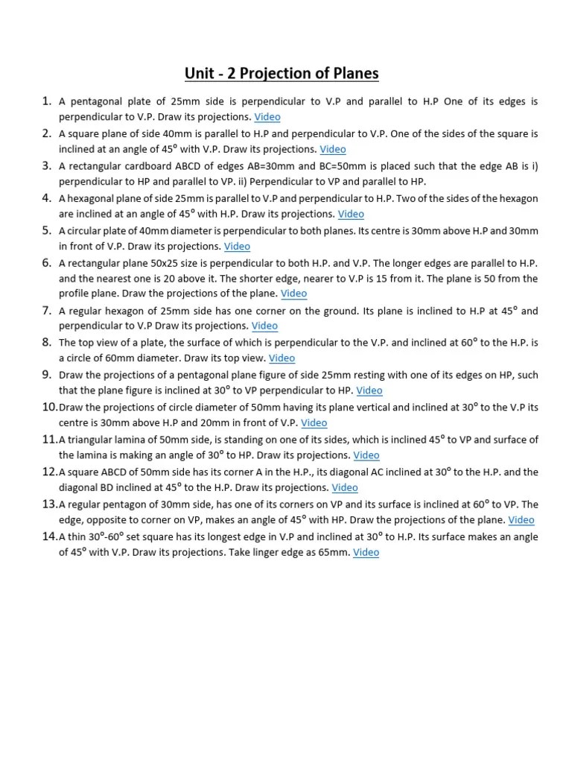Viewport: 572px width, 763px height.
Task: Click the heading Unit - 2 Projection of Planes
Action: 282,73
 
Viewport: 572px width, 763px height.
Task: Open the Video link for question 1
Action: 267,117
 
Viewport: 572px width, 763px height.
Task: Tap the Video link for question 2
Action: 333,149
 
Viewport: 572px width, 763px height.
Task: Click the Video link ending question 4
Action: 351,214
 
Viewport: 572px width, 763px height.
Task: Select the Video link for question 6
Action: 293,294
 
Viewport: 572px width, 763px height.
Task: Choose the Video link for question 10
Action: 314,422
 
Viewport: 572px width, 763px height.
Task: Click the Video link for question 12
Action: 345,487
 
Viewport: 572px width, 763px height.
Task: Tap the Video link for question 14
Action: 366,552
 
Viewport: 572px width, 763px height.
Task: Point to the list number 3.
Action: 46,165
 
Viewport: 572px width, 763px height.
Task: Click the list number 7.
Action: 46,310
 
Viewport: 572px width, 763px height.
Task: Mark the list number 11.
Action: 49,440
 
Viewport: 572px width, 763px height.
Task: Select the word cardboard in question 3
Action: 144,166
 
